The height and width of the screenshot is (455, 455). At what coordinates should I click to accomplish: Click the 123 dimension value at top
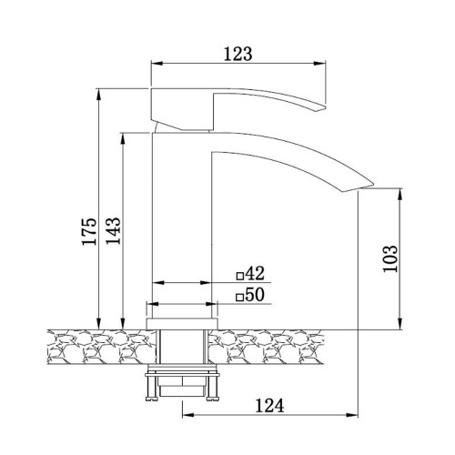click(x=238, y=54)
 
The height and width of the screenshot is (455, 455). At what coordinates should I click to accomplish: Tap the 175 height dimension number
click(x=89, y=231)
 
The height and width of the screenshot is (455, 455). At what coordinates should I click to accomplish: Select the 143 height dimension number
click(x=113, y=230)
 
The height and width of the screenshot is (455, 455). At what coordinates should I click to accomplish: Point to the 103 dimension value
click(x=390, y=258)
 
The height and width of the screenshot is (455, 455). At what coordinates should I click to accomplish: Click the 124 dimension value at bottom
click(x=269, y=406)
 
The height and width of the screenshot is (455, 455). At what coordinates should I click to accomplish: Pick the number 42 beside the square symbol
click(x=255, y=273)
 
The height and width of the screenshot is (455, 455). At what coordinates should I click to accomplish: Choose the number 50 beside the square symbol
click(x=255, y=295)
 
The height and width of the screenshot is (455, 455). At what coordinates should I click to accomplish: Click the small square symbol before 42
click(x=240, y=276)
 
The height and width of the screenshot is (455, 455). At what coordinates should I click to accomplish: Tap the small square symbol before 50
click(x=240, y=298)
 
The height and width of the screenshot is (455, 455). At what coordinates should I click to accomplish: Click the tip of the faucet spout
click(x=373, y=184)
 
